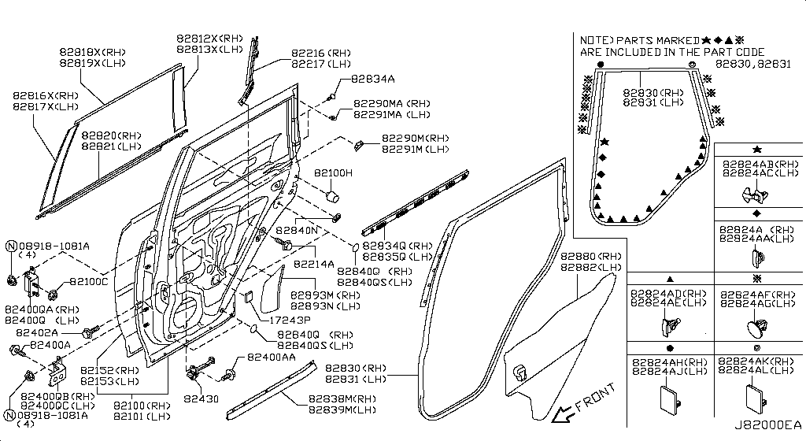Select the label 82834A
373,79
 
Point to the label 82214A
315,264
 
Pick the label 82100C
88,281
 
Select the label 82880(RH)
590,257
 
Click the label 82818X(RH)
92,53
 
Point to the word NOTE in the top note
595,40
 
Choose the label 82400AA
272,357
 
